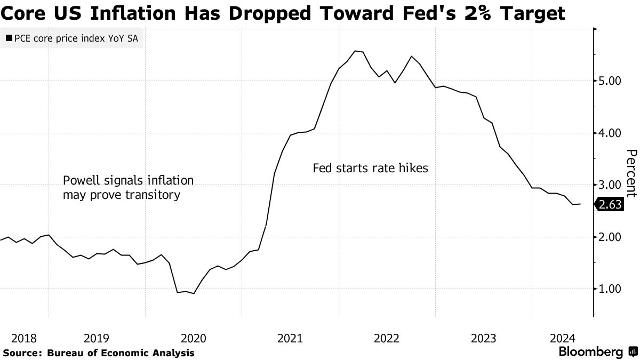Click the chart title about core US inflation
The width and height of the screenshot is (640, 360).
[283, 13]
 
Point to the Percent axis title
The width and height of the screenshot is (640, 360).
[631, 173]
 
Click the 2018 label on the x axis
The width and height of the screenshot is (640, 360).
[23, 338]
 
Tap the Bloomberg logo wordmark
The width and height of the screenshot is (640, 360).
[590, 352]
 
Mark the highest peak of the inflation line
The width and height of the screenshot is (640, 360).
[356, 51]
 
